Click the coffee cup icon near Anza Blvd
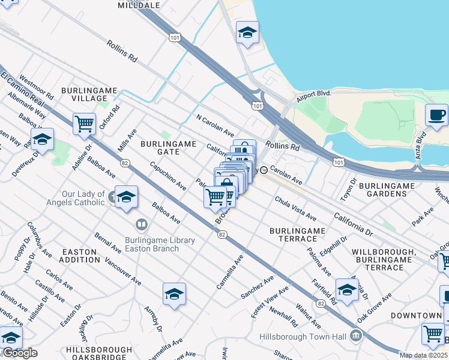tap(436, 114)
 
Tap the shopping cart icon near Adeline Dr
tap(84, 124)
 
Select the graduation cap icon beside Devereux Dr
tap(42, 139)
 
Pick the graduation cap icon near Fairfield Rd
tap(347, 290)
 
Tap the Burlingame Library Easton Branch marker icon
tap(142, 225)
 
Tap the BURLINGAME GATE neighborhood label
tap(169, 148)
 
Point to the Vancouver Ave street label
tap(122, 272)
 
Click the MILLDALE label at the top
tap(139, 5)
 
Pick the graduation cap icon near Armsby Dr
tap(174, 293)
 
